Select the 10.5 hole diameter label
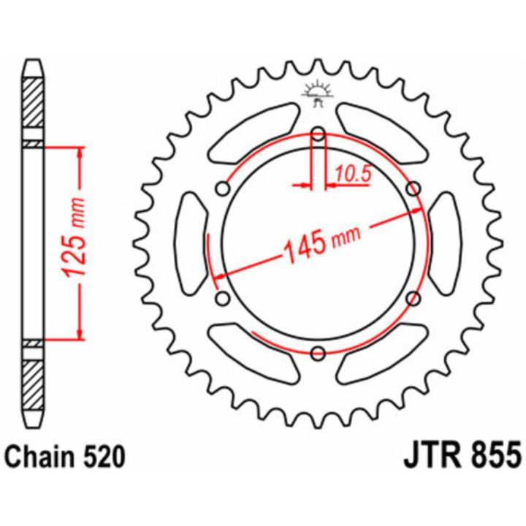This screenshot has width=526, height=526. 353,174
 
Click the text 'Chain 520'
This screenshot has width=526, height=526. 66,457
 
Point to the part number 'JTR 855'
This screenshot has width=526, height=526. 463,457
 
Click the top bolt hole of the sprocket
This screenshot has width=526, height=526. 319,135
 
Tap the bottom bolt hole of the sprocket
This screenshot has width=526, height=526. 319,353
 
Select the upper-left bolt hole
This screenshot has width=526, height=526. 223,189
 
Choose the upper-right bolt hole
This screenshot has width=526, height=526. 413,189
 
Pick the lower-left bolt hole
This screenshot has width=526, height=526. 223,299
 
